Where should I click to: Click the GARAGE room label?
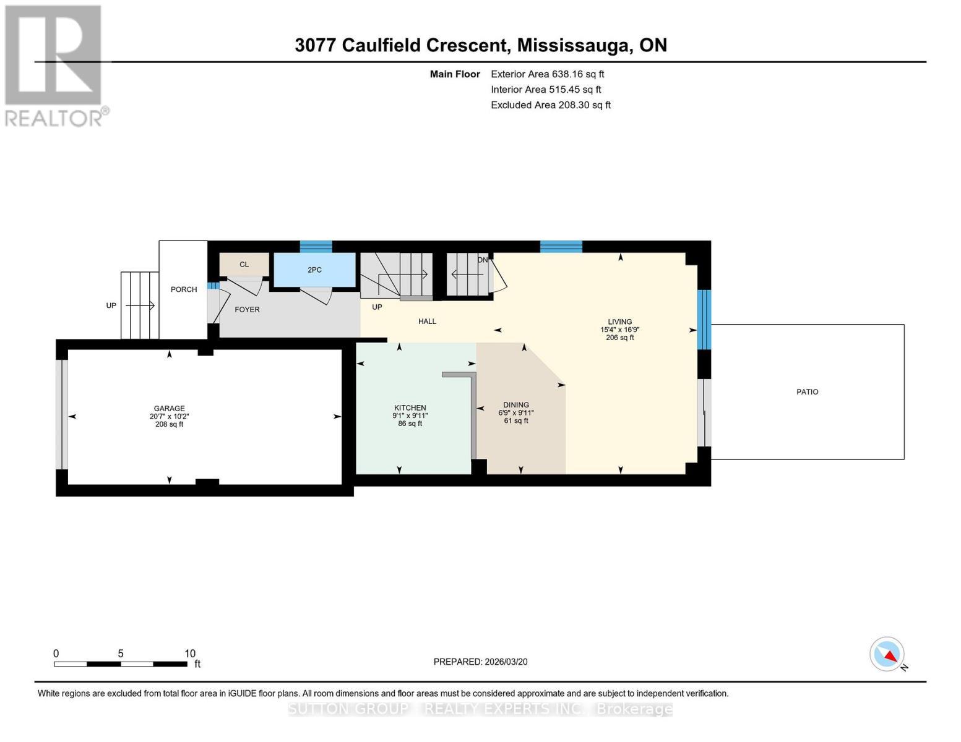pyautogui.click(x=169, y=408)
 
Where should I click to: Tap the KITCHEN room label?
pyautogui.click(x=410, y=407)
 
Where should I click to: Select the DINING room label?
pyautogui.click(x=515, y=405)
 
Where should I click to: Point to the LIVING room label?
pyautogui.click(x=619, y=322)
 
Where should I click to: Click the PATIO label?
pyautogui.click(x=807, y=392)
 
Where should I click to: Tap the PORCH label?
pyautogui.click(x=184, y=289)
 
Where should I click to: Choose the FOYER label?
pyautogui.click(x=247, y=309)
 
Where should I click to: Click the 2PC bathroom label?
pyautogui.click(x=314, y=270)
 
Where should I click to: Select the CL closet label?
pyautogui.click(x=244, y=265)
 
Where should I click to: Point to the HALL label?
pyautogui.click(x=427, y=322)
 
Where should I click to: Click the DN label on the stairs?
pyautogui.click(x=483, y=260)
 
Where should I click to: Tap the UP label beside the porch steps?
pyautogui.click(x=111, y=305)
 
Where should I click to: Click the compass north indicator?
pyautogui.click(x=887, y=654)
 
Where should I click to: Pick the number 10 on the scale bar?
pyautogui.click(x=189, y=654)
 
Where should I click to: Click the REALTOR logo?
pyautogui.click(x=55, y=65)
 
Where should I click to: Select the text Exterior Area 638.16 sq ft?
pyautogui.click(x=547, y=74)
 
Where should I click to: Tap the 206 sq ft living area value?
pyautogui.click(x=619, y=338)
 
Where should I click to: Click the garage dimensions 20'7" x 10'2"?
pyautogui.click(x=169, y=416)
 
